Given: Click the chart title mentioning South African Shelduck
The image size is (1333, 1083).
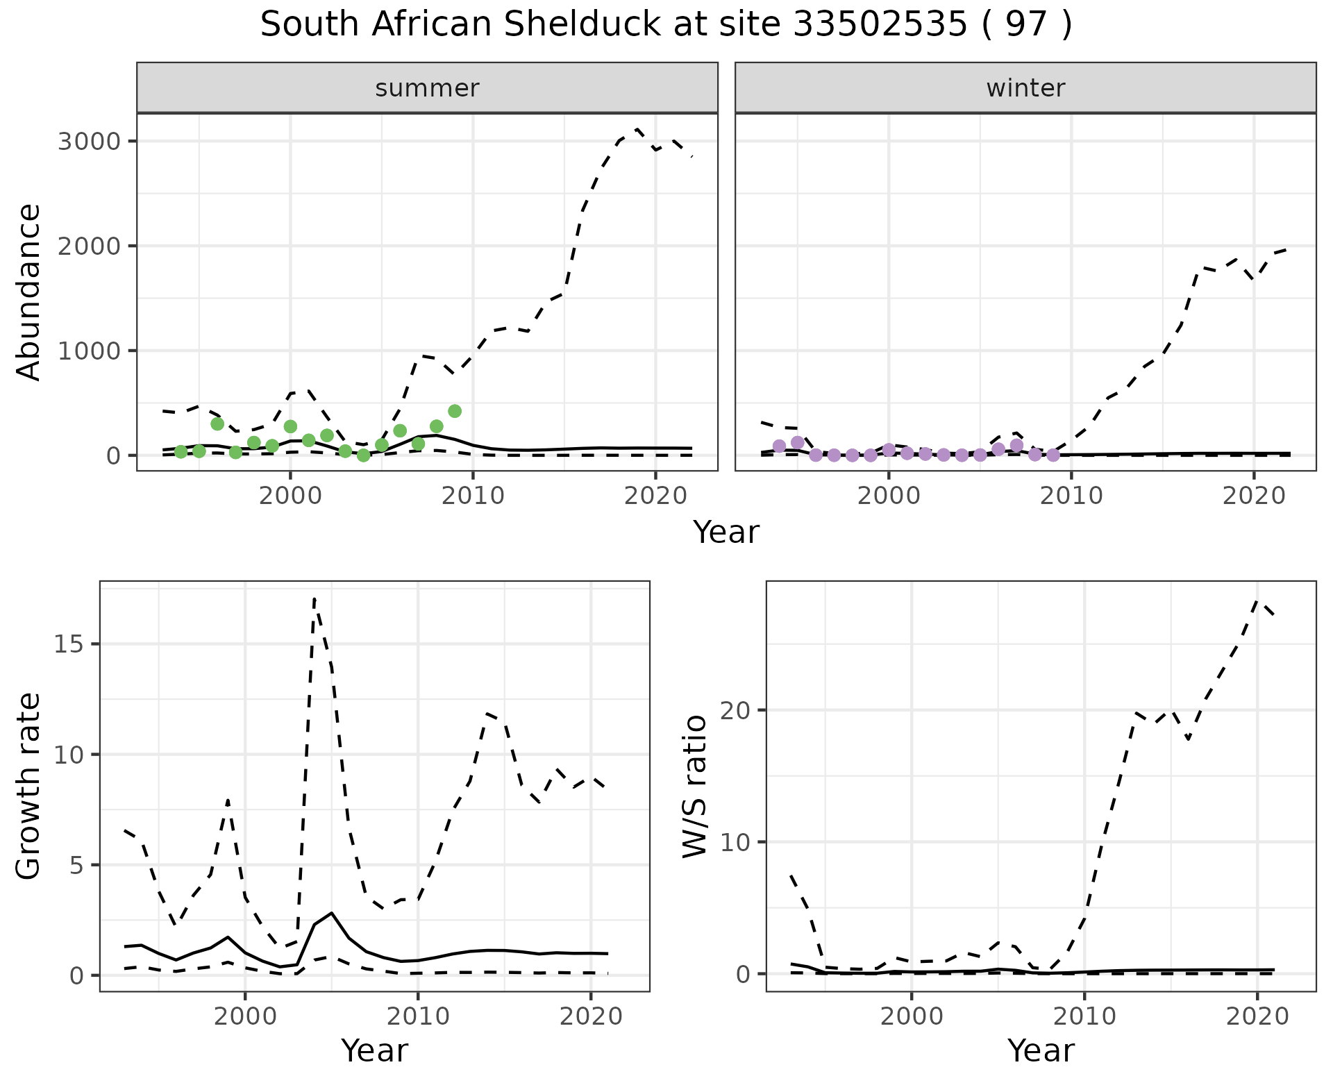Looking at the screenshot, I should coord(666,25).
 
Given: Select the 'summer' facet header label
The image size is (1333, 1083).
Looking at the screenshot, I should coord(427,88).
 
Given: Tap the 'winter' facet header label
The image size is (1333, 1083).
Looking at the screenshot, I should coord(1025,88).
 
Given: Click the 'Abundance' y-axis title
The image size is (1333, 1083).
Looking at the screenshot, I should coord(29,292).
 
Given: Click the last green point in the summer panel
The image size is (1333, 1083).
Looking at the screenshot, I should coord(455,411).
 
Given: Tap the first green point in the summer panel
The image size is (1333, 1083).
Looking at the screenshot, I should coord(181,452).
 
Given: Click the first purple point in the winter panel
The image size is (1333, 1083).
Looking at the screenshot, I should coord(779,446).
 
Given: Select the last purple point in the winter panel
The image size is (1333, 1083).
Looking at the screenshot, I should coord(1053,455).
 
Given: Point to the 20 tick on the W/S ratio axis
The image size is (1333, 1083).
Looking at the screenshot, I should coord(738,710).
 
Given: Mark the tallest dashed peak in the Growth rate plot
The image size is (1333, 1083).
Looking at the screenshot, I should coord(315,598).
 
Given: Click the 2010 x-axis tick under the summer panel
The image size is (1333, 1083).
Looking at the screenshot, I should coord(473,496).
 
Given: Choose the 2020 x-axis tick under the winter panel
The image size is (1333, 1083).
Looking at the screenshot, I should coord(1254,496).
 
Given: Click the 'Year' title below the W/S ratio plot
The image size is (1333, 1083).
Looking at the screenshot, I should coord(1041,1051).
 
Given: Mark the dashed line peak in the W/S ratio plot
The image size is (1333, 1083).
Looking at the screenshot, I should coord(1257,601).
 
